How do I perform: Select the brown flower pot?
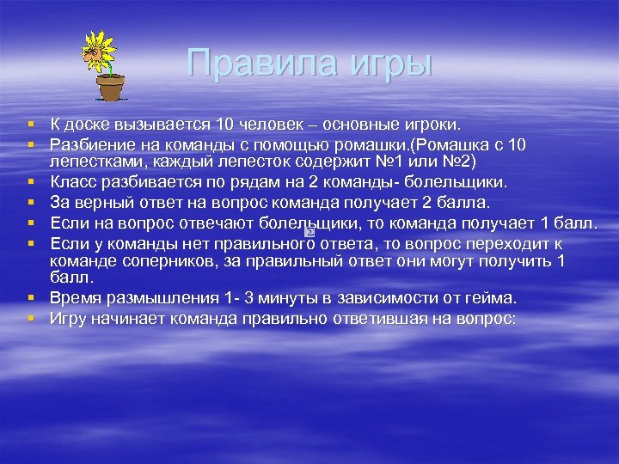click(x=110, y=88)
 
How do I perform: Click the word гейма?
click(x=490, y=299)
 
